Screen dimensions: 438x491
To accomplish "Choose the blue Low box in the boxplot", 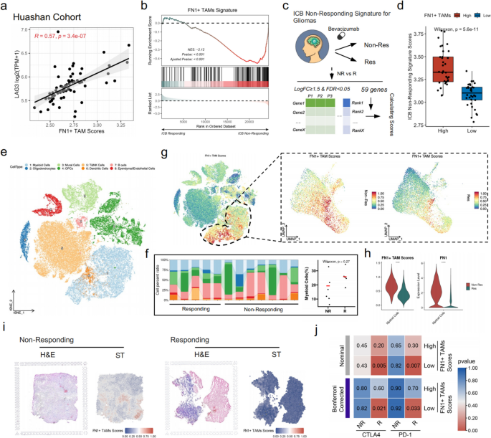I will click(x=452, y=94).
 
